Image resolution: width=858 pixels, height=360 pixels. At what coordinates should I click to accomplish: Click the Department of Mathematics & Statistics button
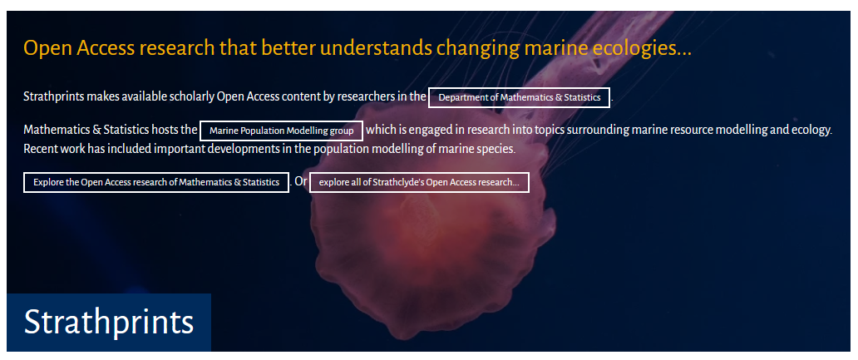pos(520,97)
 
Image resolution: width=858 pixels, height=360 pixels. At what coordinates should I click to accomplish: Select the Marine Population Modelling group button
pos(281,131)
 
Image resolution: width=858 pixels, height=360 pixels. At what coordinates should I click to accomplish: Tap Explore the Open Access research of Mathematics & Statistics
pos(156,182)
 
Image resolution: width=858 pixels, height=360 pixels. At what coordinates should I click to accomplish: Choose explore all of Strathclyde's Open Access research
pos(419,182)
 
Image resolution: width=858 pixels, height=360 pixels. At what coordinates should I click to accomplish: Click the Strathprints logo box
pos(109,323)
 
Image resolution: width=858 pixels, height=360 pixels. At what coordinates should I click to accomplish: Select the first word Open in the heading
pos(47,49)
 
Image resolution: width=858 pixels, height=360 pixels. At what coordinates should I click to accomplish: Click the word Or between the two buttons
pos(300,181)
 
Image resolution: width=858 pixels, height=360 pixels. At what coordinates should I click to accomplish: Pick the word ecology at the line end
pos(812,131)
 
